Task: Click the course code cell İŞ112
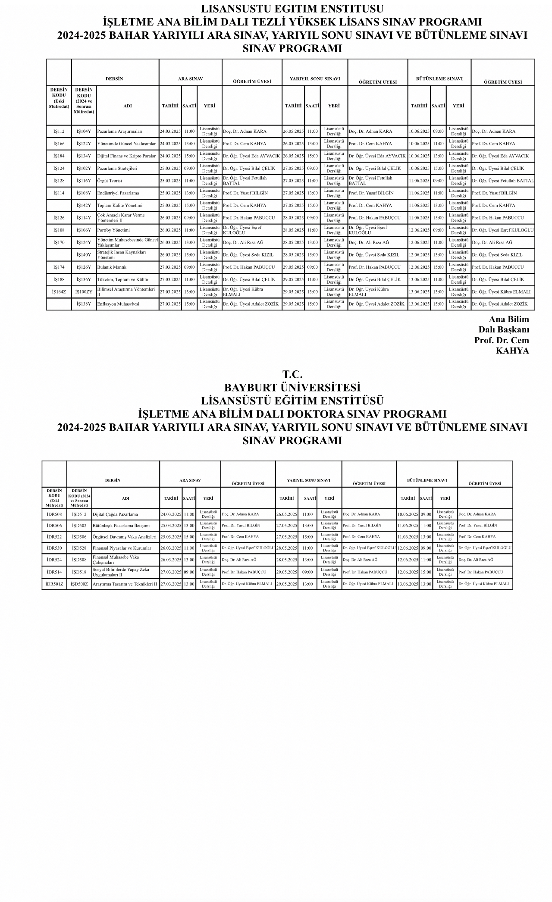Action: tap(59, 132)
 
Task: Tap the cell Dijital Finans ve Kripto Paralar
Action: tap(126, 156)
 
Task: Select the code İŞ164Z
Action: tap(59, 292)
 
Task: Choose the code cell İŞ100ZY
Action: tap(84, 292)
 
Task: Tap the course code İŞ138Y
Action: tap(84, 304)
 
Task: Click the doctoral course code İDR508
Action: tap(54, 514)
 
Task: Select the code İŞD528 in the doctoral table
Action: tap(79, 548)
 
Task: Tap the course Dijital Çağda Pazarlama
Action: tap(115, 514)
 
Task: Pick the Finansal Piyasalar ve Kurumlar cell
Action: tap(122, 548)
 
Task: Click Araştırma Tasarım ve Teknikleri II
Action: tap(125, 584)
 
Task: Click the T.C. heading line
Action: tap(292, 374)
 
